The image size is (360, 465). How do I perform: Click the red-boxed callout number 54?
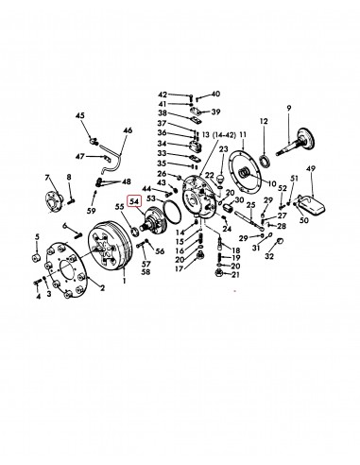tap(134, 200)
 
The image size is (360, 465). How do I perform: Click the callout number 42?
tap(163, 95)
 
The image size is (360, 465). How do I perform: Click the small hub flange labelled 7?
tap(52, 201)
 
